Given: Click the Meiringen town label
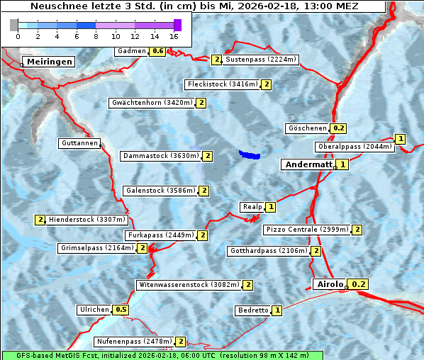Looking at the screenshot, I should pos(48,62).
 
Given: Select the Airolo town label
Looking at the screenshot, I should pos(330,284).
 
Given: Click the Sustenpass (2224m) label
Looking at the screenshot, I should pos(261,60).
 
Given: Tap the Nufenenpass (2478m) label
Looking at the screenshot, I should pos(134,342).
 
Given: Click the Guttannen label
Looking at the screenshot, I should pos(79,143).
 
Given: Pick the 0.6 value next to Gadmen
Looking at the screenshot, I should pos(158,51).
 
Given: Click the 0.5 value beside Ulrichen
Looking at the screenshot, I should pos(121,310).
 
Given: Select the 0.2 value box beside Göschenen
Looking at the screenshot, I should pos(338,128).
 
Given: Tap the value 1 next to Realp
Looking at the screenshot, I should pos(270,207).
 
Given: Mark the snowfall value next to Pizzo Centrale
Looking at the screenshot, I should pos(357,230).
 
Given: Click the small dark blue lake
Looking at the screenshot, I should pos(250,154).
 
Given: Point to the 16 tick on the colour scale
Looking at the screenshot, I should pos(174,36).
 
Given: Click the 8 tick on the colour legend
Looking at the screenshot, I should pos(95,36).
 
